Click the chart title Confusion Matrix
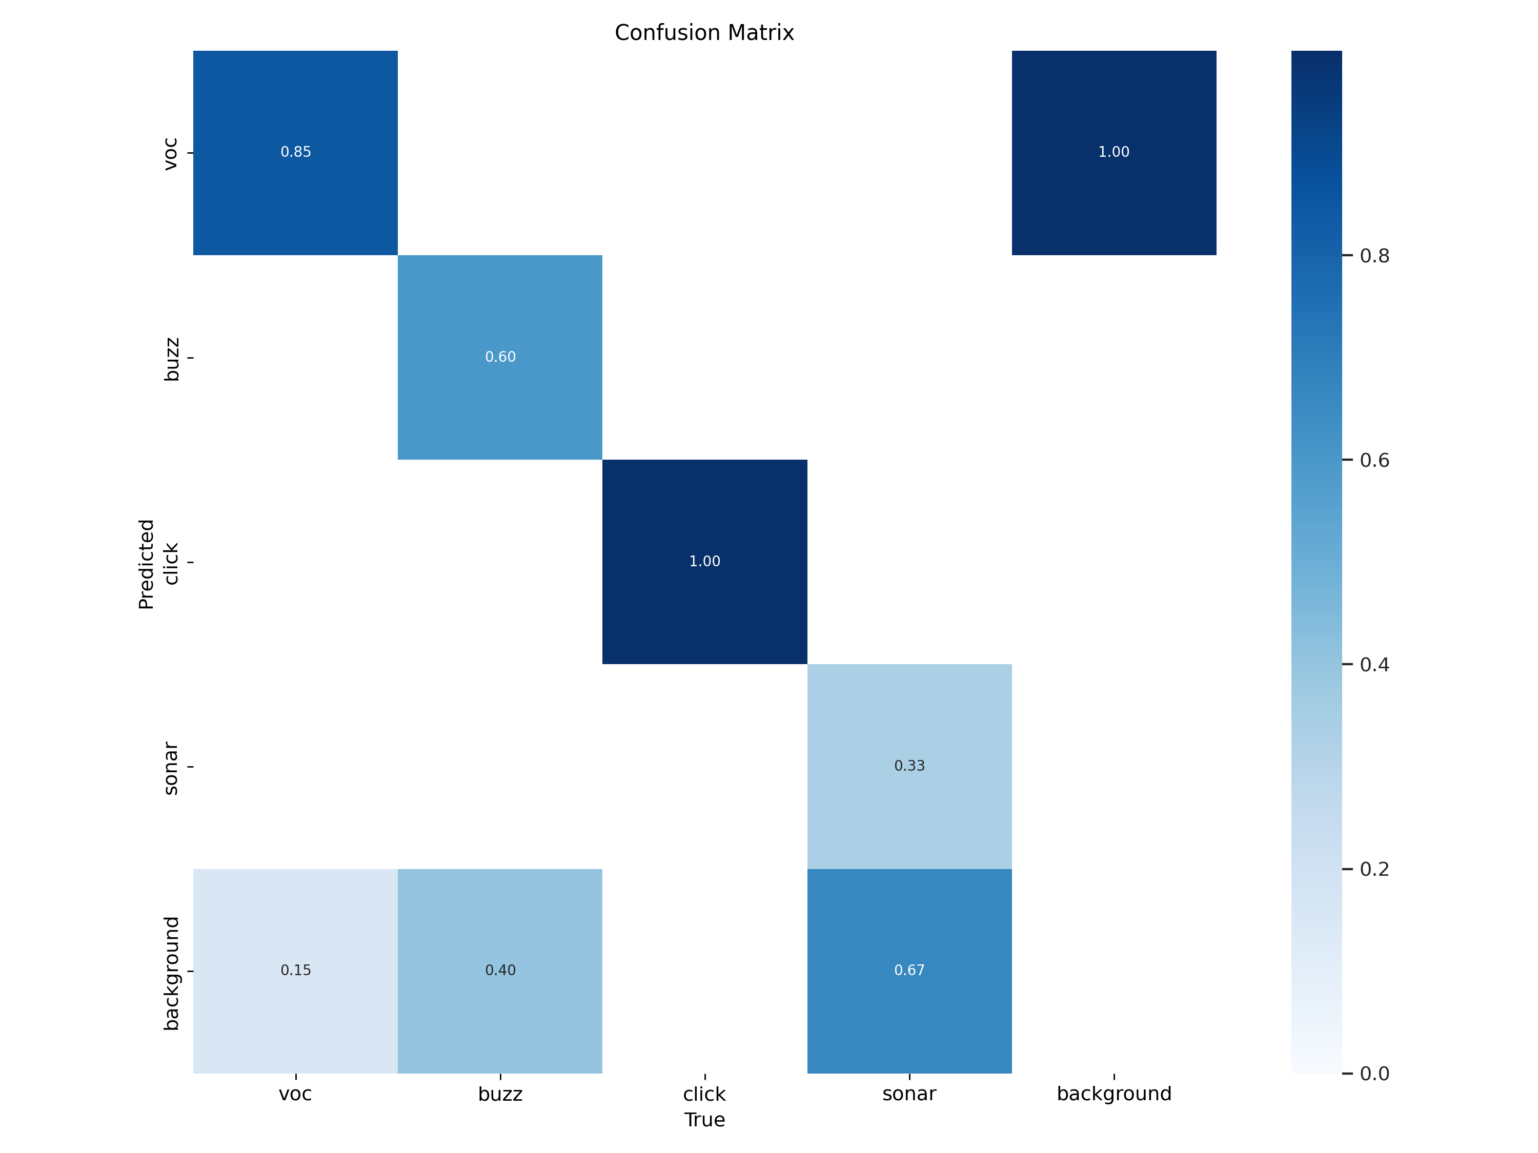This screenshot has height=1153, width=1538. click(x=704, y=33)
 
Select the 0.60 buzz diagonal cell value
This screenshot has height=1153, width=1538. click(x=500, y=357)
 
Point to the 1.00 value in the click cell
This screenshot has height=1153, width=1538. click(x=704, y=562)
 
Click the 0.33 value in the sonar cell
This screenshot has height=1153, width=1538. click(x=909, y=766)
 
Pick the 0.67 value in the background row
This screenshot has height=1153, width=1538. click(x=909, y=970)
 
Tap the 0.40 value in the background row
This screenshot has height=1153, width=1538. click(x=500, y=970)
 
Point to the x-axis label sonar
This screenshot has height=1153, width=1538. click(x=909, y=1094)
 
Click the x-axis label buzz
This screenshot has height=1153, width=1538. click(x=500, y=1094)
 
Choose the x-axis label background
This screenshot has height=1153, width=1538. click(x=1114, y=1094)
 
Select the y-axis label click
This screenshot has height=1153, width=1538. click(x=170, y=564)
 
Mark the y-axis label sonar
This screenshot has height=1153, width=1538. click(x=170, y=769)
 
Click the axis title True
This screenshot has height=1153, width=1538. click(x=704, y=1120)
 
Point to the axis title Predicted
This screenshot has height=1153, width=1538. click(x=146, y=564)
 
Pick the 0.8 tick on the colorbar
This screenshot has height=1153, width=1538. click(x=1374, y=256)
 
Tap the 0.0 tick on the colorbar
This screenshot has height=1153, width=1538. click(x=1374, y=1074)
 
